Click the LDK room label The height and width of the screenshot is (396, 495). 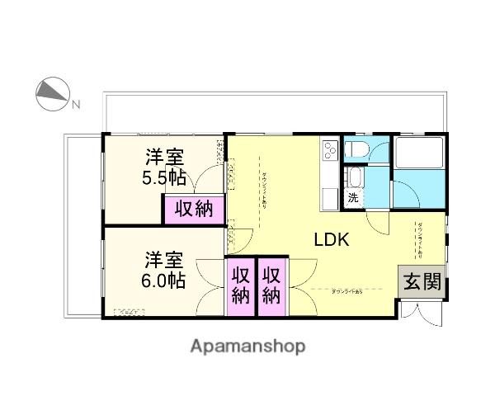pos(332,240)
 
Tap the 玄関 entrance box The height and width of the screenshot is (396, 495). pos(421,282)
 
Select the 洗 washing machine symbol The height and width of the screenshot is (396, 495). pos(353,197)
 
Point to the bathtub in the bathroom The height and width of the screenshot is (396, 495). pos(420,154)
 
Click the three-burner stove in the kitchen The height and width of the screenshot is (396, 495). pos(328,150)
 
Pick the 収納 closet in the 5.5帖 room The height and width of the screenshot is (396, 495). pos(193,210)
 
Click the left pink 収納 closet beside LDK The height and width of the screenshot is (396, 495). pos(241,285)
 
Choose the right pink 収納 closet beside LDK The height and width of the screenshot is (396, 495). pos(271,285)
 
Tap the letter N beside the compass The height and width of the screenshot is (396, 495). pos(76,104)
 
